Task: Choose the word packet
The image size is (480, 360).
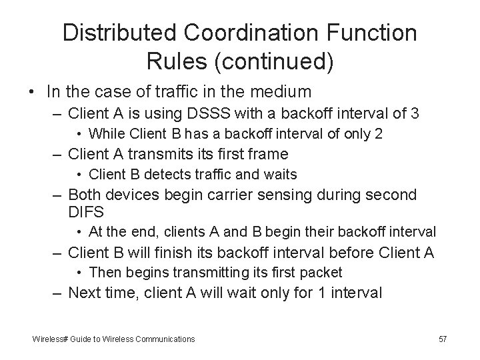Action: point(322,272)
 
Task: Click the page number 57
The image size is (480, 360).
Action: point(443,339)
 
